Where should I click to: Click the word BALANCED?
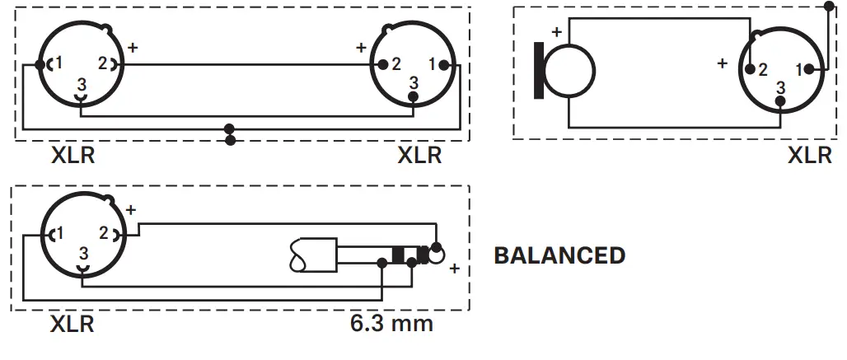pos(559,255)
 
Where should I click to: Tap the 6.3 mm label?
pos(391,322)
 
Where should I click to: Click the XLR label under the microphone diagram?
pos(810,155)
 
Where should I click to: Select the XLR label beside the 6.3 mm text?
pos(73,324)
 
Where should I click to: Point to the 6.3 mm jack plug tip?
pos(435,251)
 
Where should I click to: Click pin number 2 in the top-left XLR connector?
pos(103,63)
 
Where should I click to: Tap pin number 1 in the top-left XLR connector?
pos(58,63)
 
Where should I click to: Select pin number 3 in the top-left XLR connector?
pos(81,84)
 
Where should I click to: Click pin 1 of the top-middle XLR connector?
pos(433,64)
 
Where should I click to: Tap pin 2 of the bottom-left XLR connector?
pos(104,234)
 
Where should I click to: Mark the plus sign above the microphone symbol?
pos(556,32)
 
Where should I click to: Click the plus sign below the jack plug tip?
pos(453,269)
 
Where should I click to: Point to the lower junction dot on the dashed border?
pos(230,141)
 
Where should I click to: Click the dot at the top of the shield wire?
pos(827,7)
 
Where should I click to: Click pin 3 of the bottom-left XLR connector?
pos(82,255)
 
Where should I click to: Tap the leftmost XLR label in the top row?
pos(73,155)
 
